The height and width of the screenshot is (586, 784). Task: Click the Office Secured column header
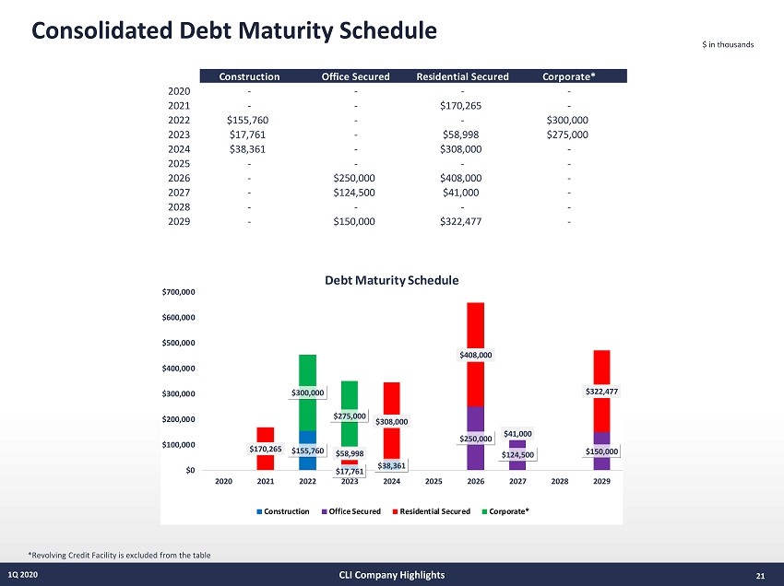click(x=356, y=76)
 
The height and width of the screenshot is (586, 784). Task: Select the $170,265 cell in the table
click(x=462, y=105)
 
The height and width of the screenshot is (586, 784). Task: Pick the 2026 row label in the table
click(x=179, y=179)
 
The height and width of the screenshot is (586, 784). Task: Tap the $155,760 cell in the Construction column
click(x=247, y=120)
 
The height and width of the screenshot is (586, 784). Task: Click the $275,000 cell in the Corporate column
click(x=567, y=135)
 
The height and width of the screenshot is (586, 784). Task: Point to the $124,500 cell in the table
click(x=356, y=193)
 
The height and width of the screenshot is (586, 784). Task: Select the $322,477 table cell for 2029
click(x=462, y=223)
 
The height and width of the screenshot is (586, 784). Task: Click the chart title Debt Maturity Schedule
click(x=391, y=279)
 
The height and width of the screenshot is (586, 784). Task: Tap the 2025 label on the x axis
click(x=434, y=480)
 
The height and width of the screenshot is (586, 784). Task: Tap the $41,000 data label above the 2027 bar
click(x=517, y=433)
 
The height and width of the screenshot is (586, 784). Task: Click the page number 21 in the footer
click(x=760, y=576)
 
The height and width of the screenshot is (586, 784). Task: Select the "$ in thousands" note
click(x=729, y=46)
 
